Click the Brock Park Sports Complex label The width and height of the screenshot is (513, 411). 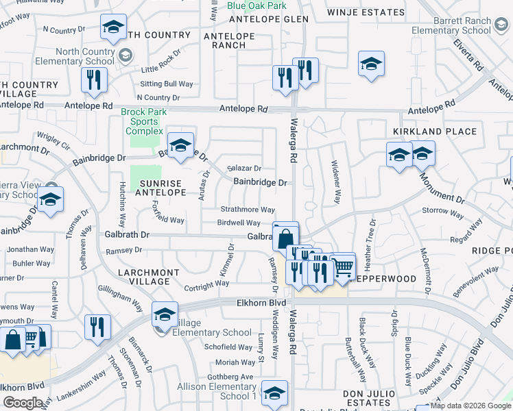(x=143, y=121)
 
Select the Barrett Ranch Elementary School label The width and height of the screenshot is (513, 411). (x=462, y=26)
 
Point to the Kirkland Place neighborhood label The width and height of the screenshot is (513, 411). (x=435, y=132)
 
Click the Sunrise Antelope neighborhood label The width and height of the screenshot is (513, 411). (x=163, y=188)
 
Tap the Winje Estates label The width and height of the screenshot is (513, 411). (x=366, y=12)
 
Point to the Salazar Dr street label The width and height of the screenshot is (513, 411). (x=245, y=168)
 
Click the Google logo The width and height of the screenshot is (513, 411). (x=23, y=403)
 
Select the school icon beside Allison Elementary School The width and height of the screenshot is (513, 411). (x=274, y=393)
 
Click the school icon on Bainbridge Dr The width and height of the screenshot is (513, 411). (x=180, y=145)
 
